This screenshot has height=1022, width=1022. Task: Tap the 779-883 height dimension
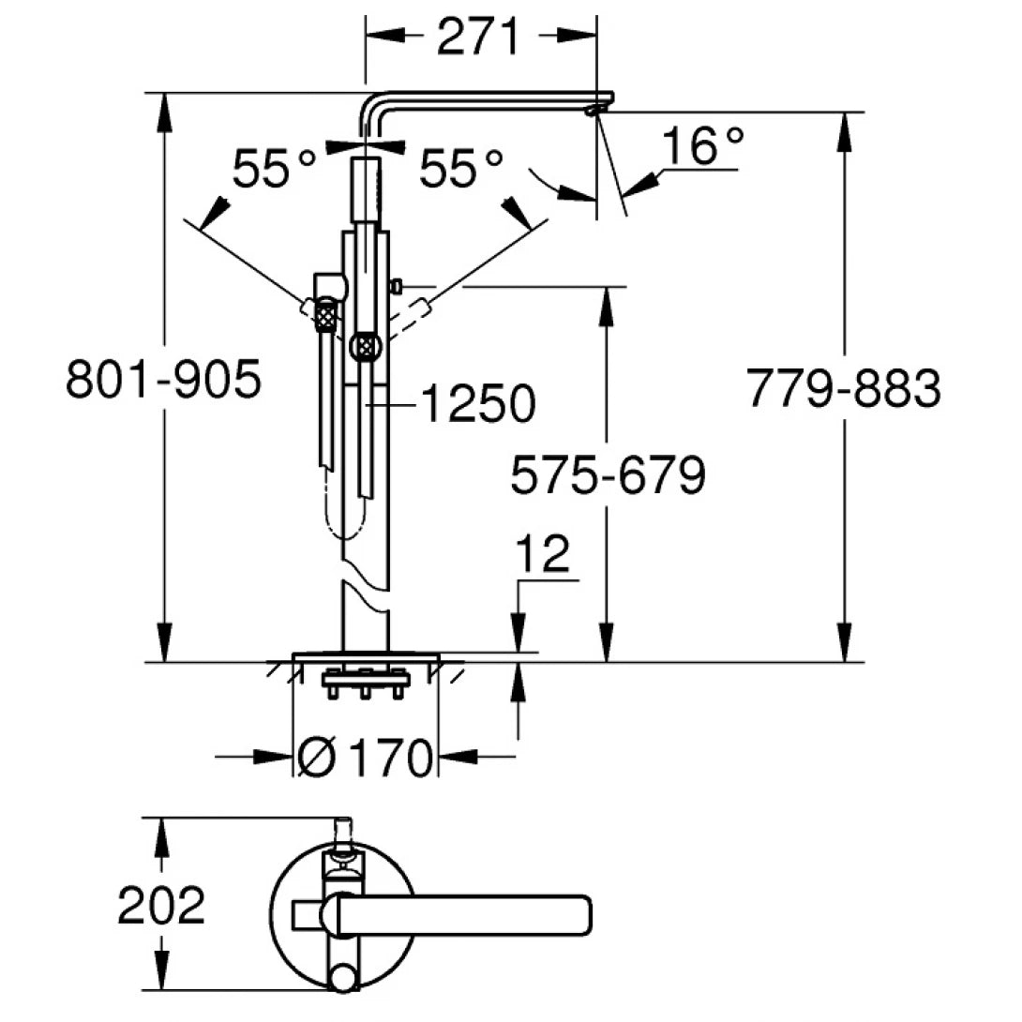click(x=843, y=388)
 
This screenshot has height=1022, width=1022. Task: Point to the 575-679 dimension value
click(x=607, y=477)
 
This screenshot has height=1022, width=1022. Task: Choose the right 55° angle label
click(x=460, y=170)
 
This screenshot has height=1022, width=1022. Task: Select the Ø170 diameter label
click(x=366, y=756)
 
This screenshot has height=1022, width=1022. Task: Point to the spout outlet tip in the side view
click(x=594, y=111)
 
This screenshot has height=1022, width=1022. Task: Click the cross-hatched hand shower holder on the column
click(x=363, y=347)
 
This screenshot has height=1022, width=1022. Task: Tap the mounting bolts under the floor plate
click(x=364, y=685)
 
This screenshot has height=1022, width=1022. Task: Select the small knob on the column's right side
click(x=397, y=284)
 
